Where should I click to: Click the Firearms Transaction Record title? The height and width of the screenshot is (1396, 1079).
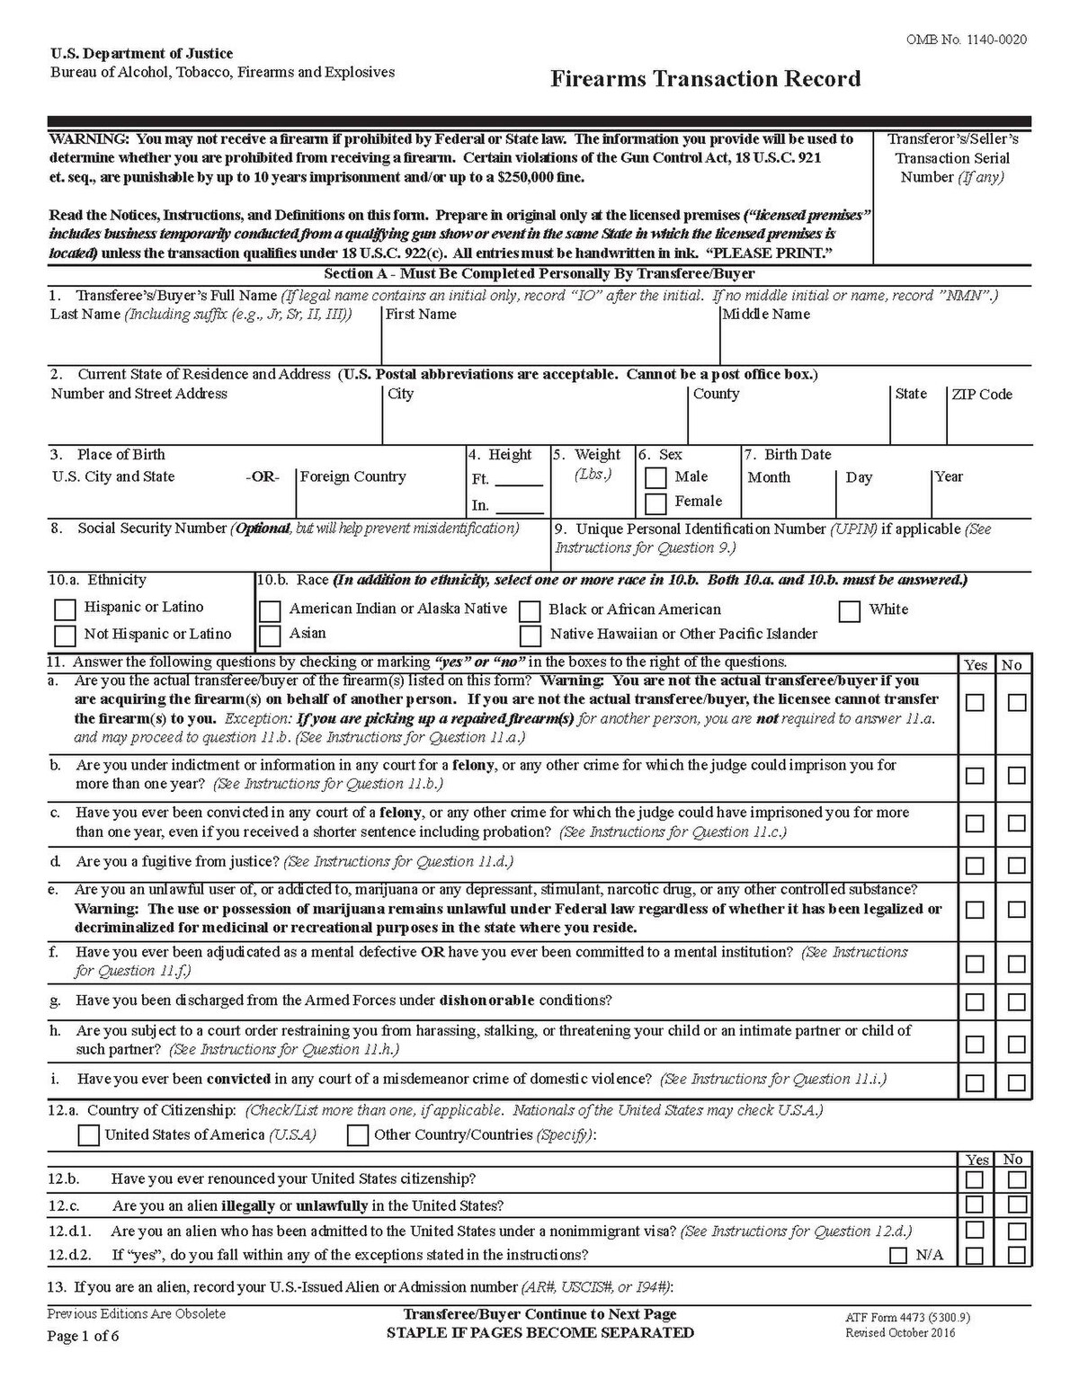pos(705,79)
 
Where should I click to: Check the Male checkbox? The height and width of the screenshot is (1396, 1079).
pos(655,477)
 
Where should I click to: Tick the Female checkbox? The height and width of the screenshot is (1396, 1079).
pos(655,502)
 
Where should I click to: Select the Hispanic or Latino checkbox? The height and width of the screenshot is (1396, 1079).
pos(65,609)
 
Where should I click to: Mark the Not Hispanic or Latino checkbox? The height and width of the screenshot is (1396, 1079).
pos(65,636)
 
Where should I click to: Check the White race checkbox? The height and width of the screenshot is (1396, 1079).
pos(849,611)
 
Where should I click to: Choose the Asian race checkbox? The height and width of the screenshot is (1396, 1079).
pos(270,636)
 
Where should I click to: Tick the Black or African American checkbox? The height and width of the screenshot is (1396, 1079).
pos(531,611)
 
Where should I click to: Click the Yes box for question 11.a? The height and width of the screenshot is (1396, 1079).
pos(975,702)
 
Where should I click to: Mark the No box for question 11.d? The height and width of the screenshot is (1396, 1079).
pos(1017,866)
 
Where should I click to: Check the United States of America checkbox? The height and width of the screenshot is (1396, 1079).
pos(88,1135)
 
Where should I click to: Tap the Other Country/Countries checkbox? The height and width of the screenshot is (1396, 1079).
pos(358,1135)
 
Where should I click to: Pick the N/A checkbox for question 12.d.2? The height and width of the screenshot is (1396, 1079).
pos(897,1256)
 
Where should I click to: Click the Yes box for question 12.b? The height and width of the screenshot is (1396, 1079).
pos(975,1179)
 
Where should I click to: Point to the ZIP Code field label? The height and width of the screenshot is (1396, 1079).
pos(982,395)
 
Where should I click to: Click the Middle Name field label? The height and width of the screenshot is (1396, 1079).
pos(766,315)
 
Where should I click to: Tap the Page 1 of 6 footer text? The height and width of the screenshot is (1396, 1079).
pos(83,1335)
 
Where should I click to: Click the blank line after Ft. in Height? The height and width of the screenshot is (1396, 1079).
pos(519,481)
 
